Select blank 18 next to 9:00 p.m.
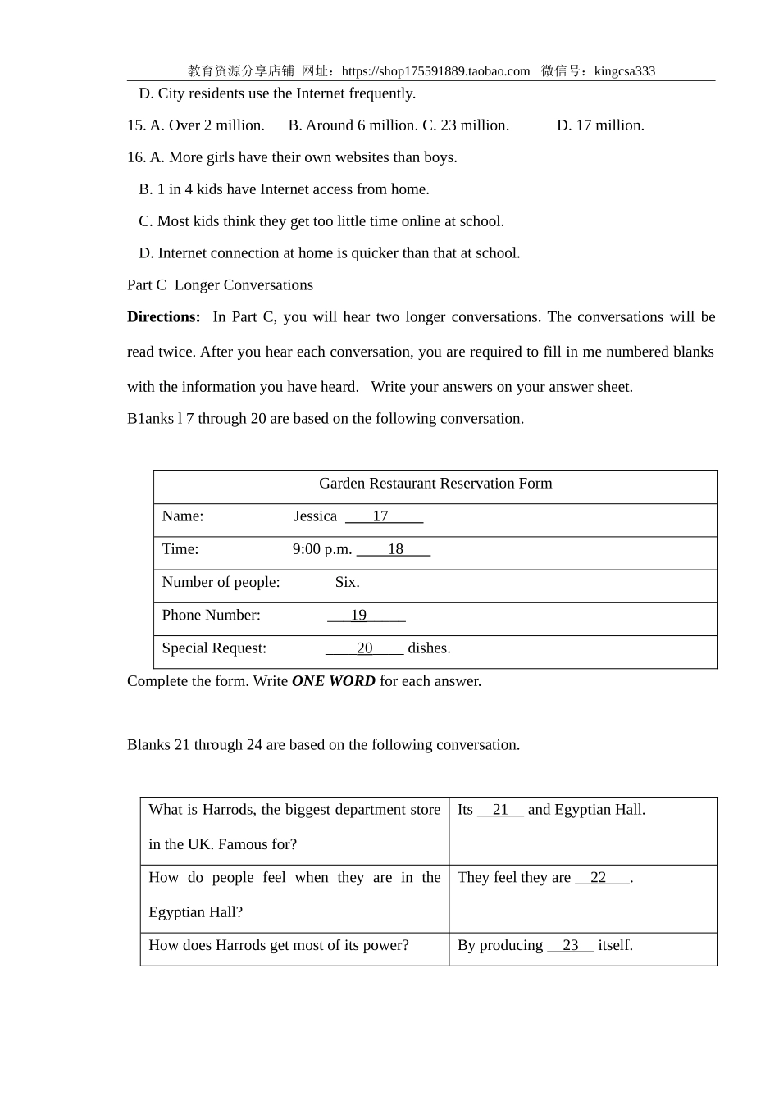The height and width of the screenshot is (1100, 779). tap(394, 549)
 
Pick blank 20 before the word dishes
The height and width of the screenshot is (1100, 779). tap(365, 648)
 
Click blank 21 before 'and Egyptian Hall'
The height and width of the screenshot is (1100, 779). tap(500, 810)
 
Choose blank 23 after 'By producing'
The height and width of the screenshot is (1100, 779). tap(570, 946)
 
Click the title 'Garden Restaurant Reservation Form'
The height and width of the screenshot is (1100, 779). tap(435, 484)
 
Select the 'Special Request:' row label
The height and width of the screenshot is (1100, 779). tap(214, 648)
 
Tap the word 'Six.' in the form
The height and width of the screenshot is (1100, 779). tap(347, 583)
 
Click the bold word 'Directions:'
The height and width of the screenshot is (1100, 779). tap(164, 317)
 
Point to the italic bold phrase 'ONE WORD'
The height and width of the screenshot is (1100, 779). tap(333, 681)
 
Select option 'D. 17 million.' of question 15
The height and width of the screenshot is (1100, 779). tap(600, 125)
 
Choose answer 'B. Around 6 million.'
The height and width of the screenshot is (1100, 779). tap(353, 125)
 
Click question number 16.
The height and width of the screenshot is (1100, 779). tap(136, 157)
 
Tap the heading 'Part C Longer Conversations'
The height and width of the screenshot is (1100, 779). tap(220, 285)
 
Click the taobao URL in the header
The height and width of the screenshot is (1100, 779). tap(435, 71)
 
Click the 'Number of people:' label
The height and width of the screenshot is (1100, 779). tap(221, 583)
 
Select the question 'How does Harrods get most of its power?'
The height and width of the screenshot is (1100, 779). tap(279, 946)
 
